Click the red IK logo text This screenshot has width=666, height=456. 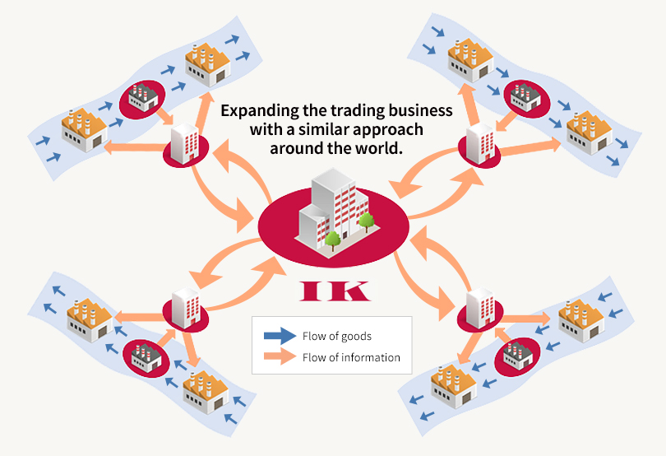point(333,291)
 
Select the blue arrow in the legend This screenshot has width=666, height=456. point(279,336)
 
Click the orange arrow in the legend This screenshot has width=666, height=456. point(279,356)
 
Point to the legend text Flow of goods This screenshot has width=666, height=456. point(337,336)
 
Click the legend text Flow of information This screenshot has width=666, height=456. point(351,357)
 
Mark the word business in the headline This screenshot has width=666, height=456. point(421,110)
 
